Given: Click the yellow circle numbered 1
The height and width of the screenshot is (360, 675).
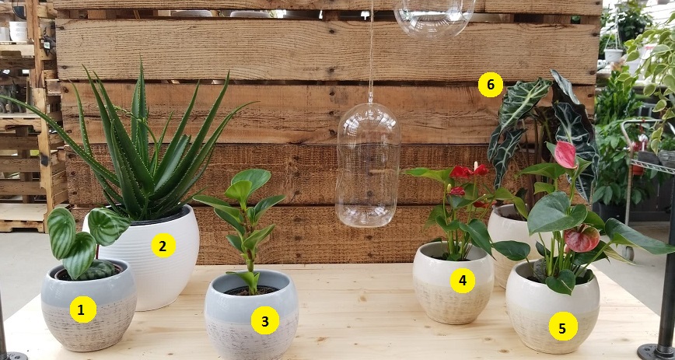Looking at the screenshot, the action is tap(83, 309).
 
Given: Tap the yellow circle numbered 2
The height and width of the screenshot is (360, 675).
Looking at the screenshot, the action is tap(163, 246).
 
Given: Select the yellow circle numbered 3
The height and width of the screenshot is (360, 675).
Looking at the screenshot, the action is tap(264, 320).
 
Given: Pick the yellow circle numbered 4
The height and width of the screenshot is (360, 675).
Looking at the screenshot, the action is tap(463, 281).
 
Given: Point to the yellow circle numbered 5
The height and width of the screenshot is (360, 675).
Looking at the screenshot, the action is tap(563, 326).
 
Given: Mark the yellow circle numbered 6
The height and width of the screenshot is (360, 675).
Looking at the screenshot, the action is tap(491, 85).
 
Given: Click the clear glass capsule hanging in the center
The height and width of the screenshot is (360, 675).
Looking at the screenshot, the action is tap(368, 165).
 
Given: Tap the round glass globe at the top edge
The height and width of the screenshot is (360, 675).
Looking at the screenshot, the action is tap(434, 17).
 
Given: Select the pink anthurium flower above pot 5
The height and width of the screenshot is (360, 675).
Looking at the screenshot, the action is tap(565, 155).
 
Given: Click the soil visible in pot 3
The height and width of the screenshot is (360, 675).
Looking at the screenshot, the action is tap(251, 291).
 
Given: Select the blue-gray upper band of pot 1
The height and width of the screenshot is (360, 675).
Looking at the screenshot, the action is tap(89, 285).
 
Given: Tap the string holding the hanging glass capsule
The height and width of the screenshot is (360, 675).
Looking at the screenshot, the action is tap(371, 51).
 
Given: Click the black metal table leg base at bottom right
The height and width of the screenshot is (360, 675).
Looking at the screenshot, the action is tap(656, 351).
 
